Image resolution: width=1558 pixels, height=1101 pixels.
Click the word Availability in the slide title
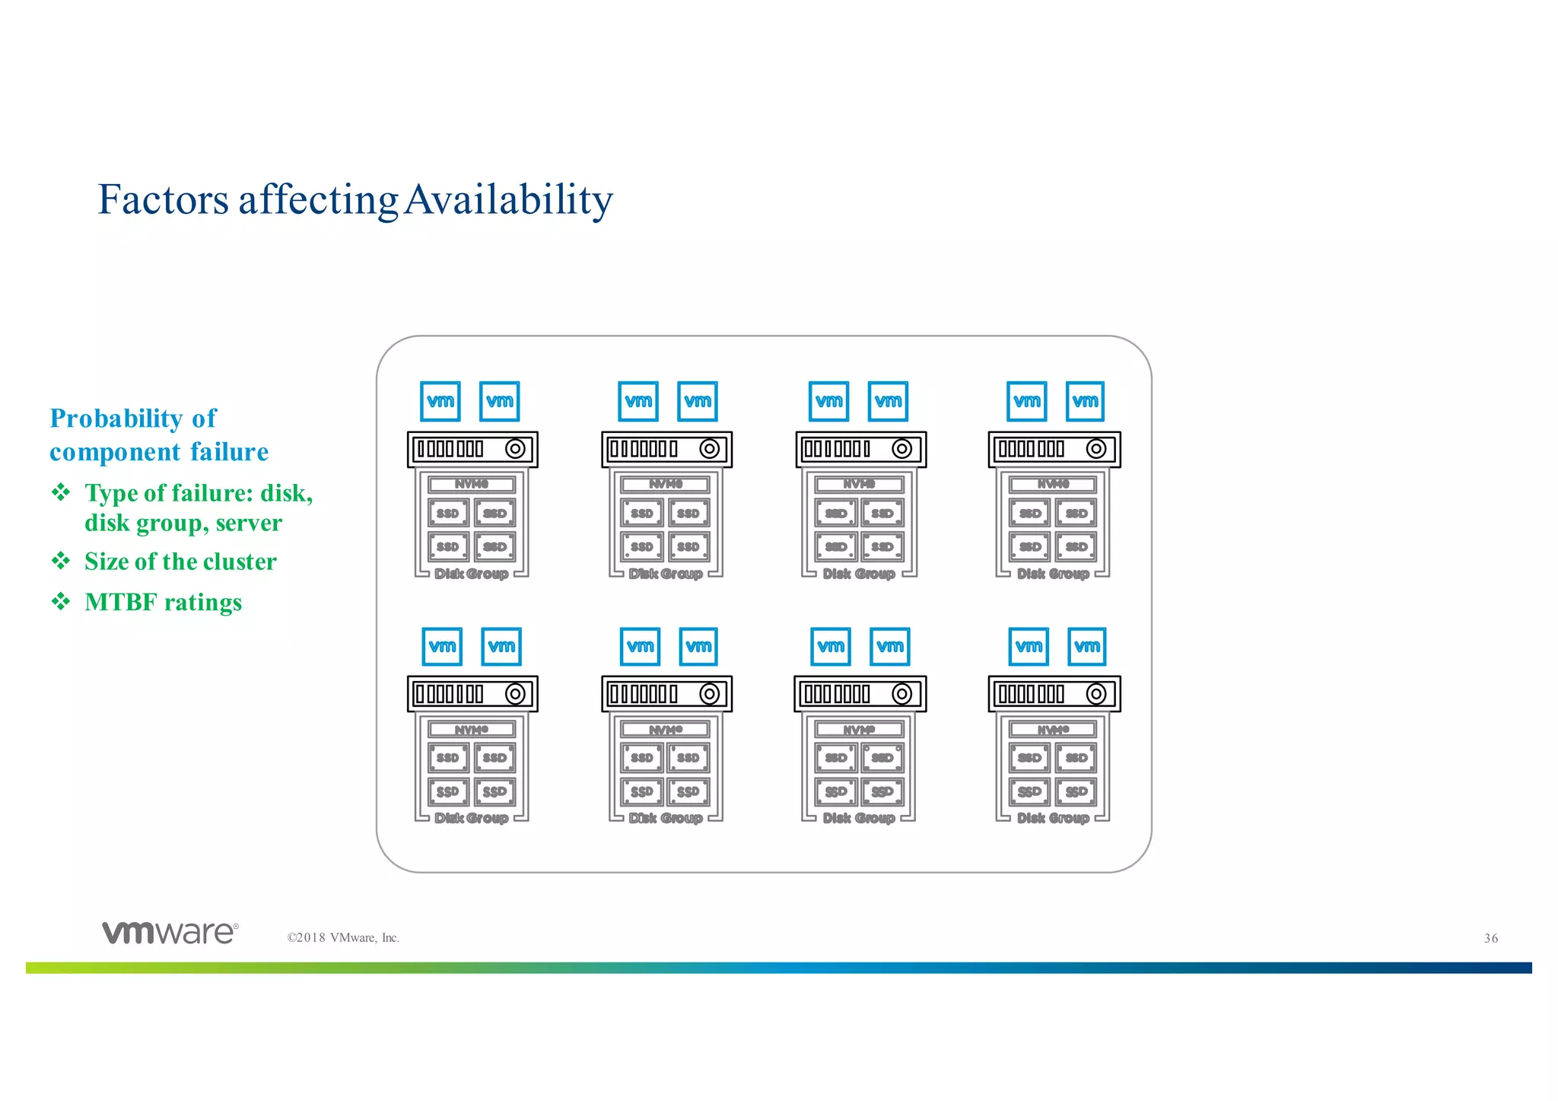pyautogui.click(x=508, y=199)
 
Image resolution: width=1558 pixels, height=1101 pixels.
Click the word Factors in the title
pyautogui.click(x=163, y=199)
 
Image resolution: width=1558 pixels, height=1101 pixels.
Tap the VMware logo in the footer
pyautogui.click(x=170, y=932)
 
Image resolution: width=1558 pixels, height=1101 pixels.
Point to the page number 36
pyautogui.click(x=1490, y=938)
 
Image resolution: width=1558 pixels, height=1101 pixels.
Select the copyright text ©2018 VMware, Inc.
pyautogui.click(x=343, y=937)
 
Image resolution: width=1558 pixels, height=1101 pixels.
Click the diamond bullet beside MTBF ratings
pyautogui.click(x=61, y=602)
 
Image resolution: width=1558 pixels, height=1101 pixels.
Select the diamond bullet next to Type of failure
pyautogui.click(x=61, y=492)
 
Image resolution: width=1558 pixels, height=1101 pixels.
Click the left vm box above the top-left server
pyautogui.click(x=440, y=401)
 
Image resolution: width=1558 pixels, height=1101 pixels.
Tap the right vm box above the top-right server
pyautogui.click(x=1085, y=401)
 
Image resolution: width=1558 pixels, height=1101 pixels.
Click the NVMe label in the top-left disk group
pyautogui.click(x=472, y=484)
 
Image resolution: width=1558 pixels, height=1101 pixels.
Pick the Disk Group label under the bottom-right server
pyautogui.click(x=1053, y=818)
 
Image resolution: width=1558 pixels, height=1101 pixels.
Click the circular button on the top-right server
pyautogui.click(x=1096, y=449)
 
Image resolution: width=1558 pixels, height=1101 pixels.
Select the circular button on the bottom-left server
pyautogui.click(x=515, y=694)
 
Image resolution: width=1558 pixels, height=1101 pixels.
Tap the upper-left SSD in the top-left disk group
pyautogui.click(x=448, y=513)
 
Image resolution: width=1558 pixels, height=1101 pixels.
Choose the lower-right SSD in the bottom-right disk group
pyautogui.click(x=1076, y=791)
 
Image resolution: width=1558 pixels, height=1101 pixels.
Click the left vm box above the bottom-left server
pyautogui.click(x=442, y=647)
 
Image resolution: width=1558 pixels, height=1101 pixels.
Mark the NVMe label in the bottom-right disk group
pyautogui.click(x=1053, y=730)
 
